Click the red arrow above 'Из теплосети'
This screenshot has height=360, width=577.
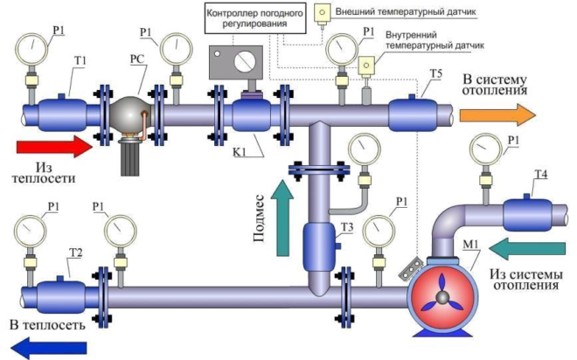(54, 146)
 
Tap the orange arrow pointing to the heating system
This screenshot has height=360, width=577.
(497, 114)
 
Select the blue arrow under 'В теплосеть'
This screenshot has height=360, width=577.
(49, 348)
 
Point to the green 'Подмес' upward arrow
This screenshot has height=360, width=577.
(282, 218)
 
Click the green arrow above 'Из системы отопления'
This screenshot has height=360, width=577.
(527, 248)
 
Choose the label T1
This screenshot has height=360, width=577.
(80, 60)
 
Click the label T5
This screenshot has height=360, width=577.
(435, 73)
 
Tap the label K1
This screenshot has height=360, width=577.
(240, 152)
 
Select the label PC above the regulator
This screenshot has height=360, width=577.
(137, 59)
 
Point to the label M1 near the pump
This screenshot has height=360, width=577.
(471, 244)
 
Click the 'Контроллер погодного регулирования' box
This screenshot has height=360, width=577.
(256, 18)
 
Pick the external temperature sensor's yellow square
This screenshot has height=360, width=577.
(323, 12)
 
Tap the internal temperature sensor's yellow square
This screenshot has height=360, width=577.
(366, 65)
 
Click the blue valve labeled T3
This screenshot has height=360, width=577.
(319, 246)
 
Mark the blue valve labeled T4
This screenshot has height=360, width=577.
(527, 215)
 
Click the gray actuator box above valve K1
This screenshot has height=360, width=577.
(236, 62)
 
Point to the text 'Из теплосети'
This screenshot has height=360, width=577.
(44, 173)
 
